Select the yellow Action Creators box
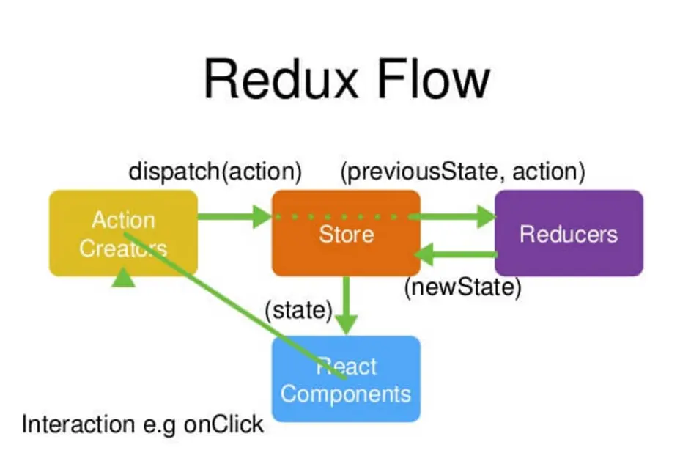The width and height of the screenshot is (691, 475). tap(123, 233)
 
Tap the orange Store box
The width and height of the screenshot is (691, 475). tap(346, 233)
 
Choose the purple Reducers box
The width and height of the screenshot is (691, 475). tap(569, 233)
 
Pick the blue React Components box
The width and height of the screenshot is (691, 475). tap(346, 379)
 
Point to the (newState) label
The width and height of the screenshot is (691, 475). tap(462, 287)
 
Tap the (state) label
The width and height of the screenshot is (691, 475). tap(299, 311)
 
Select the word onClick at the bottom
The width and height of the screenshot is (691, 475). tap(224, 424)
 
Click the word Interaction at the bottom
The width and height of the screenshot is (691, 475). tap(78, 424)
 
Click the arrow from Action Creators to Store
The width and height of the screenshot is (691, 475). tap(235, 216)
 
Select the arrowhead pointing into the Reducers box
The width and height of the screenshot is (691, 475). tap(487, 216)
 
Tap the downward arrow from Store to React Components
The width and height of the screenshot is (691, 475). tap(347, 305)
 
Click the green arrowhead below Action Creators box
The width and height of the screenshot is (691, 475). tap(123, 277)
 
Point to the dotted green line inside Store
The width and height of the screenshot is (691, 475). tap(341, 216)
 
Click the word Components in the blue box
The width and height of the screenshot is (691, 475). tap(346, 394)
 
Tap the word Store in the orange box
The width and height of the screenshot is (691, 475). tap(347, 234)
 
